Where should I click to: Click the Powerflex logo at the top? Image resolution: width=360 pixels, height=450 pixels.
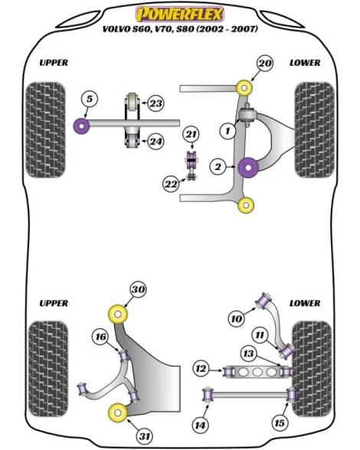(x=180, y=14)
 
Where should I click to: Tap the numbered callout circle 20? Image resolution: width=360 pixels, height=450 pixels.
(x=264, y=63)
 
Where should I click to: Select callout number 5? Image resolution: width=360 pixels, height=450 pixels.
(x=90, y=99)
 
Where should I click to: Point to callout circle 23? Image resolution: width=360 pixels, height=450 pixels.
(x=156, y=103)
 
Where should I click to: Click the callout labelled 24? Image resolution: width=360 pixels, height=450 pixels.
(x=155, y=141)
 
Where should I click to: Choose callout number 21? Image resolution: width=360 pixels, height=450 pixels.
(x=191, y=135)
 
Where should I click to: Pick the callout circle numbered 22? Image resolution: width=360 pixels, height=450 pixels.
(x=171, y=184)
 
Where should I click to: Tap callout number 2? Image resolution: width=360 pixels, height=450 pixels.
(x=218, y=167)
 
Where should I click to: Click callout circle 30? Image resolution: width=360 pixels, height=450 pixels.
(x=138, y=289)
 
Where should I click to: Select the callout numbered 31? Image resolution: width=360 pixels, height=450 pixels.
(x=145, y=436)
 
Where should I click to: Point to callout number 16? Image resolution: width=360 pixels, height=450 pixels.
(x=100, y=337)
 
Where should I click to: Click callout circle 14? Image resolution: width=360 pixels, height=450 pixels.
(x=200, y=425)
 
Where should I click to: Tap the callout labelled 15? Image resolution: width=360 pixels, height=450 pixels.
(x=280, y=422)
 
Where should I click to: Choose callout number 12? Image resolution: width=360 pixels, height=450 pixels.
(x=201, y=369)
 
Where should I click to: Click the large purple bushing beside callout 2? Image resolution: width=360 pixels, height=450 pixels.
(x=248, y=168)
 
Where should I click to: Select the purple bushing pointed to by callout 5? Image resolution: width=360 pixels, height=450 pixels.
(x=82, y=126)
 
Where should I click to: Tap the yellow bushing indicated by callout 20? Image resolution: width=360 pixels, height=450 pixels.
(x=244, y=87)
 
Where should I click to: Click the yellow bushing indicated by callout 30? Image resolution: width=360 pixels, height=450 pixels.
(x=118, y=315)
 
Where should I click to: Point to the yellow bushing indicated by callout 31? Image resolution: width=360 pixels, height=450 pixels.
(x=118, y=412)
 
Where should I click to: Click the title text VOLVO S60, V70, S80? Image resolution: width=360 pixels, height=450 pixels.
(x=149, y=29)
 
